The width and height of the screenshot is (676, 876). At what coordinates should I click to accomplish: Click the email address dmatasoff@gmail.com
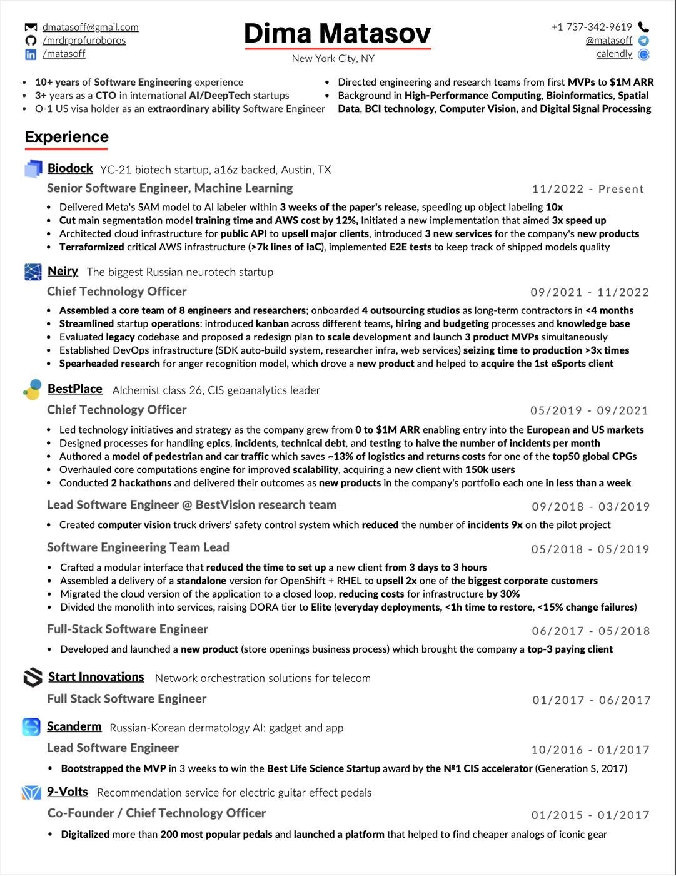91,28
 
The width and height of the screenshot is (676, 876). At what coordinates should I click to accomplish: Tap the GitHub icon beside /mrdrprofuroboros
31,41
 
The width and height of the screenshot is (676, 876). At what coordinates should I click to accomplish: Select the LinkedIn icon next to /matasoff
31,54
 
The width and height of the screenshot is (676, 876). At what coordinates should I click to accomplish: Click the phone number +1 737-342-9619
592,27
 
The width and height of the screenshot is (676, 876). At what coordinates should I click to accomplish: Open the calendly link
614,54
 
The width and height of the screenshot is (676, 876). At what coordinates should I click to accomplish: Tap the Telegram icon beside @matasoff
643,41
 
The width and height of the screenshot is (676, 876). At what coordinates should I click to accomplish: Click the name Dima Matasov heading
338,34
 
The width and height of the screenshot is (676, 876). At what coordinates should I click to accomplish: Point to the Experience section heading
67,137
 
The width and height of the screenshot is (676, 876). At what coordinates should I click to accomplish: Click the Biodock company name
70,168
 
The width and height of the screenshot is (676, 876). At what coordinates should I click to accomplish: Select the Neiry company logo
33,272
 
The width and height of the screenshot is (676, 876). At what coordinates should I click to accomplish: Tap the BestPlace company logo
33,389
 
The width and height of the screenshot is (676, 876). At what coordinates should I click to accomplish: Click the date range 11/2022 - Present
588,189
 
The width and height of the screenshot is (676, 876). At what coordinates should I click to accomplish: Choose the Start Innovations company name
96,677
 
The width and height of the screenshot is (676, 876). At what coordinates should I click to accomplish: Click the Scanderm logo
31,726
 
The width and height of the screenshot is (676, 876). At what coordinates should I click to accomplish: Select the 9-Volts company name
68,792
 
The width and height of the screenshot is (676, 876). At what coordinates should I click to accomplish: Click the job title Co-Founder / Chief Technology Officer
156,813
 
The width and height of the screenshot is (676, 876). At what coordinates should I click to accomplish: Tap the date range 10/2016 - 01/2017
591,750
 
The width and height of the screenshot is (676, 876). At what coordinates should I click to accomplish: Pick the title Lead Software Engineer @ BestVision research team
191,505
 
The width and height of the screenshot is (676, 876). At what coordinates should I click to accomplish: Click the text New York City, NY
333,59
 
